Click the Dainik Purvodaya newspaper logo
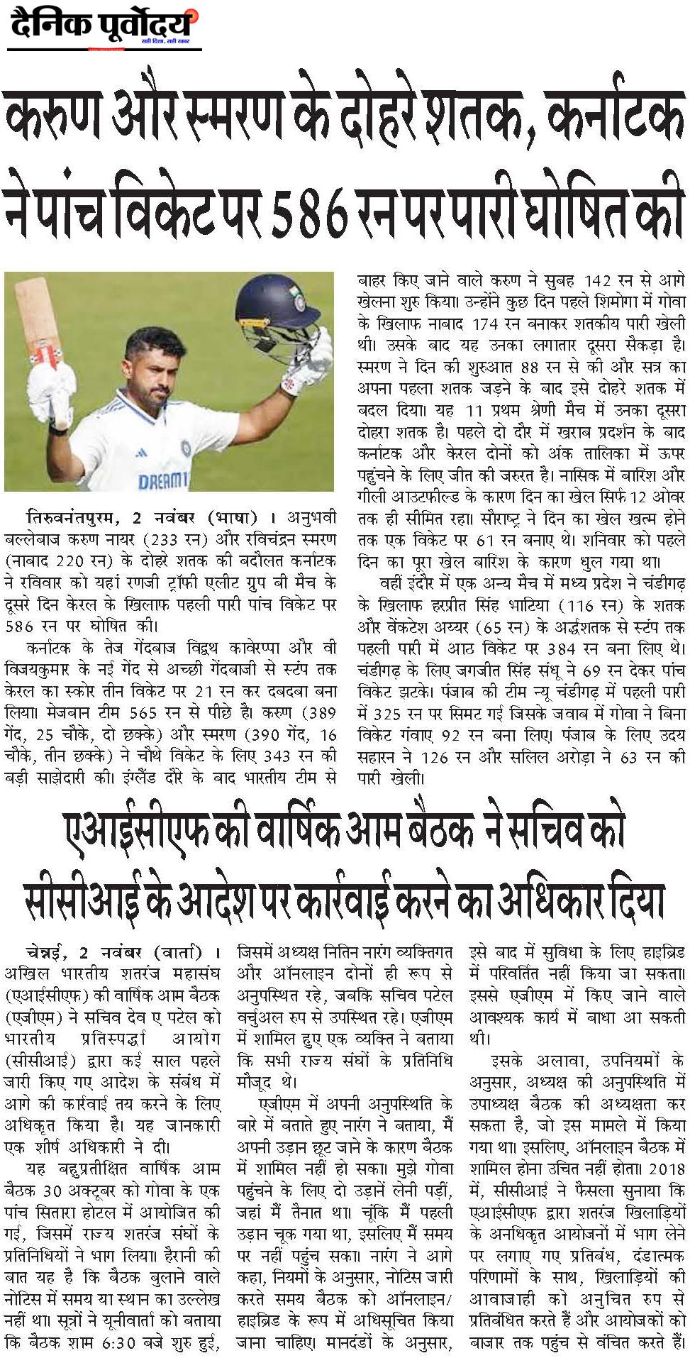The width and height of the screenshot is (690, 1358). click(x=103, y=28)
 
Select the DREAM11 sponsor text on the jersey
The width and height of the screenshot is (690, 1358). click(x=163, y=480)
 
